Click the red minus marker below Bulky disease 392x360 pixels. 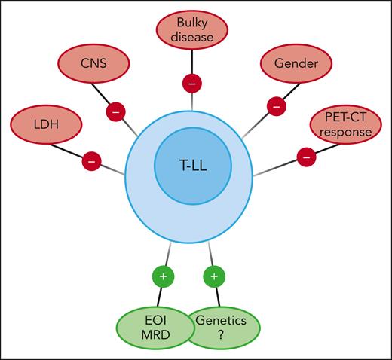point(193,83)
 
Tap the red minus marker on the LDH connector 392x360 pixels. point(92,160)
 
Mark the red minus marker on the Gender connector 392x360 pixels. point(277,108)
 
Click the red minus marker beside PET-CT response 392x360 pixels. point(307,158)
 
